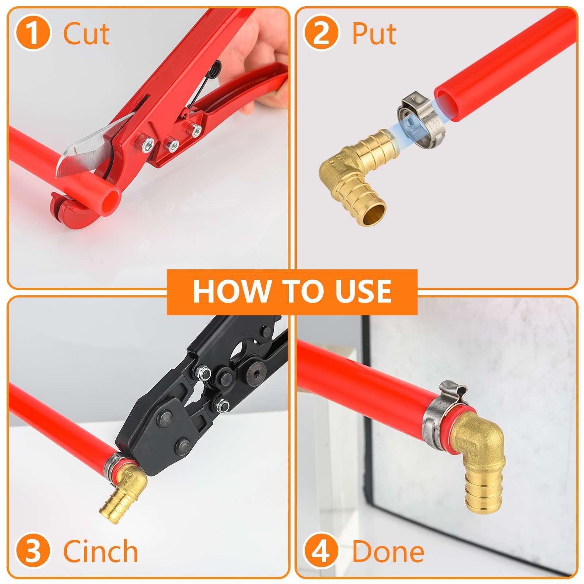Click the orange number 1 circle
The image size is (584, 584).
coord(33,34)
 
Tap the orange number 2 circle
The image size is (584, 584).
coord(321,34)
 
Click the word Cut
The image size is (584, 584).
coord(86,34)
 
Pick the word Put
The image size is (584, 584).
coord(374,34)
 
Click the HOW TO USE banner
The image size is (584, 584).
coord(292,292)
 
